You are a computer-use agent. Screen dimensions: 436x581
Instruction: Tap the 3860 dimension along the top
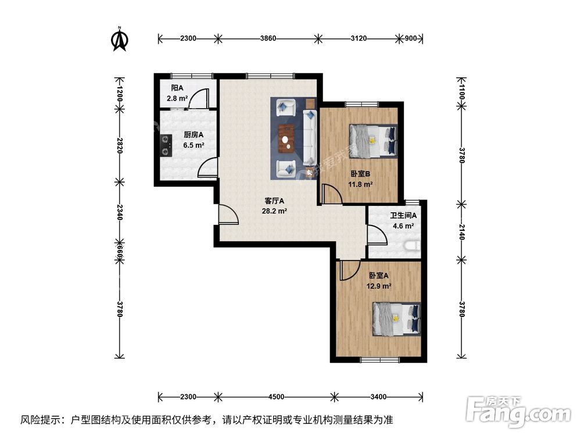click(x=268, y=39)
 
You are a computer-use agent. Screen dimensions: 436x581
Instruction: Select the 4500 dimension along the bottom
click(x=276, y=397)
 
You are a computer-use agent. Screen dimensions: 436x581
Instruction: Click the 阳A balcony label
click(x=177, y=88)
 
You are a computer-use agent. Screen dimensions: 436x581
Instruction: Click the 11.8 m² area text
click(x=360, y=185)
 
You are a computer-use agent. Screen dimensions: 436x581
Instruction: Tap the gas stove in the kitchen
click(x=167, y=145)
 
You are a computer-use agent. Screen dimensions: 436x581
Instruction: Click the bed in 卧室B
click(x=373, y=141)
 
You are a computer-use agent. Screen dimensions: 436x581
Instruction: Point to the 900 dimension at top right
click(x=411, y=39)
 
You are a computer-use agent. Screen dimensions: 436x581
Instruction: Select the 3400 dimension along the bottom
click(x=378, y=397)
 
